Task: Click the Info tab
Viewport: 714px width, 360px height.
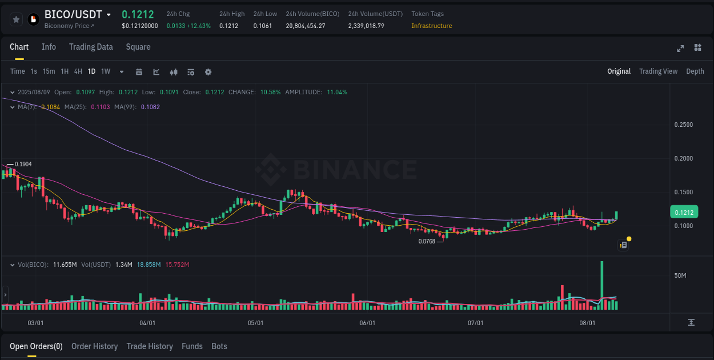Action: pos(49,47)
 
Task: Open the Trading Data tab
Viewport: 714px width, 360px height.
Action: pos(91,47)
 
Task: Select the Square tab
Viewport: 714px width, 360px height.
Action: pos(138,47)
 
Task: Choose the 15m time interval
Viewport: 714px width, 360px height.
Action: pos(49,71)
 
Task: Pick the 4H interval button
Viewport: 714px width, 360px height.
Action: pos(78,71)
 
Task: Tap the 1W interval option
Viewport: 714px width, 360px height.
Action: pos(106,71)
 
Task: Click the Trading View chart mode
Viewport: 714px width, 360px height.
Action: pos(658,71)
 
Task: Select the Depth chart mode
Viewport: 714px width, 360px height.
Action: pos(695,71)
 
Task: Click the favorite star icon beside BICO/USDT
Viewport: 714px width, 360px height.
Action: pos(16,19)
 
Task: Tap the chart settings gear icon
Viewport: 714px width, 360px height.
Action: pos(208,72)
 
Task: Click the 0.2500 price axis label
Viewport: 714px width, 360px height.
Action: pos(683,125)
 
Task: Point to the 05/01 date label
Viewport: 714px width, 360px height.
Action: pos(255,323)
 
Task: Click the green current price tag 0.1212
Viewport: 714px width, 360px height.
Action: pos(684,213)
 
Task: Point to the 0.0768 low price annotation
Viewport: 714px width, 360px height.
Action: pos(427,241)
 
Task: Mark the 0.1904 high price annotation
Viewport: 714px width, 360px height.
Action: pos(23,164)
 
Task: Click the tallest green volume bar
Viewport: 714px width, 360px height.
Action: pos(601,286)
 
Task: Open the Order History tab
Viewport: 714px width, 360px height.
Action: pos(94,346)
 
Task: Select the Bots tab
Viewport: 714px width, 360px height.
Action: pos(219,346)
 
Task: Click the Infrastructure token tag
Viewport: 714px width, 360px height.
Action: pos(431,26)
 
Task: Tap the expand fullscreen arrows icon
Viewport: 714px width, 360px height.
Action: pos(680,48)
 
